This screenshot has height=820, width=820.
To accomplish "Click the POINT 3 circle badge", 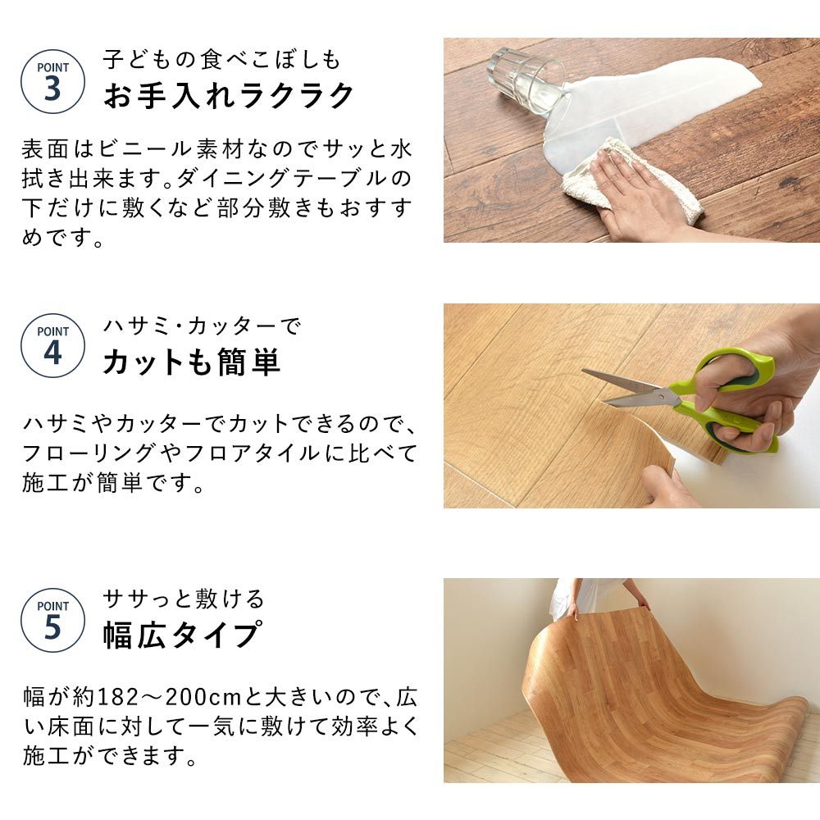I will coord(52,80).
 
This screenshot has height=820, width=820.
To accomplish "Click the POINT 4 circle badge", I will coord(52,345).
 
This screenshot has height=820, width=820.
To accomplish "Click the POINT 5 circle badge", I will coord(52,620).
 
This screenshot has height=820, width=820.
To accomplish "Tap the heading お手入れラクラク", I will coord(229,96).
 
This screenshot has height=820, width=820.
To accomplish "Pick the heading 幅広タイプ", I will coord(182,635).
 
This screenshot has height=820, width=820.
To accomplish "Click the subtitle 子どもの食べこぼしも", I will coord(221,59).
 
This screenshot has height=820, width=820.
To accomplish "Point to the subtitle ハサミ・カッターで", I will coord(203,326).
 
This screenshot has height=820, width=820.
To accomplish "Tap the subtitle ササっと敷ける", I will coord(184,599).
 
